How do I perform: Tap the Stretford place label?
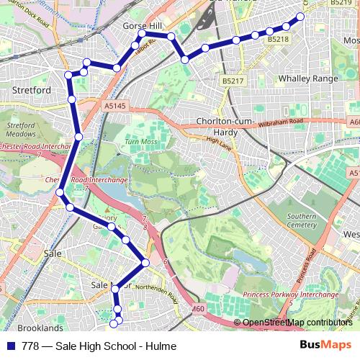click(32, 91)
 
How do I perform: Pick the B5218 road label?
click(277, 40)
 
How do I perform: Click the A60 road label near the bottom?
click(199, 310)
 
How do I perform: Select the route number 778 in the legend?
click(30, 346)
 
